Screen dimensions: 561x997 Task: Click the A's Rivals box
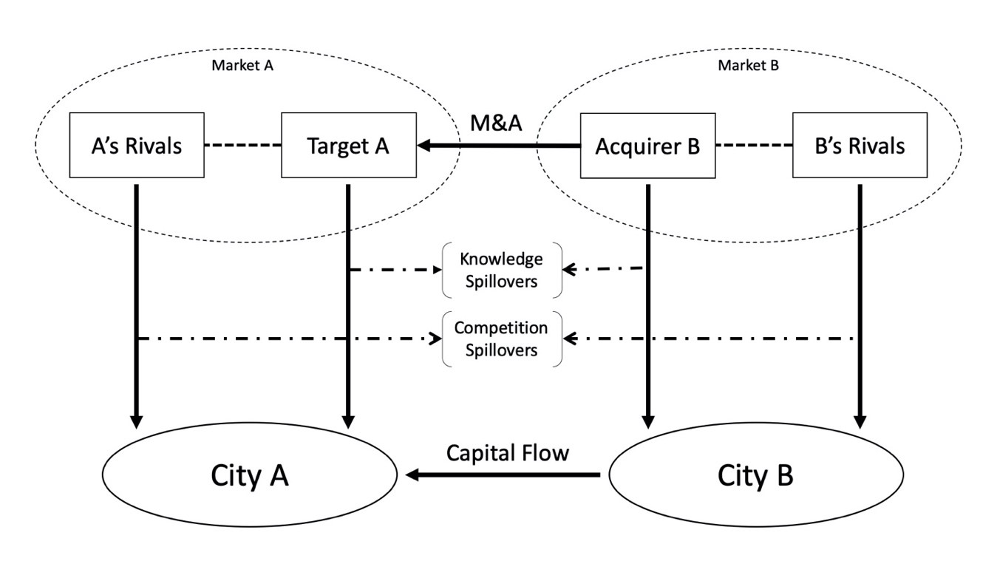click(137, 145)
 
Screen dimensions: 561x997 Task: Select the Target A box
click(348, 145)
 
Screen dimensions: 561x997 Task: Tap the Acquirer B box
click(647, 145)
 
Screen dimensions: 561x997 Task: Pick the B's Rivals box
click(860, 145)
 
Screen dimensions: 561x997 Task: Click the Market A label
click(242, 65)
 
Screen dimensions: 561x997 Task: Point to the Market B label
click(748, 65)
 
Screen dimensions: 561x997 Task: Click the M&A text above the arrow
click(497, 123)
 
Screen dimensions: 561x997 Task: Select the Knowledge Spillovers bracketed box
click(501, 270)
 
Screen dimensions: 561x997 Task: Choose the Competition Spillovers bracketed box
click(501, 339)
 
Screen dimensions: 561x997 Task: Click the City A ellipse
click(250, 476)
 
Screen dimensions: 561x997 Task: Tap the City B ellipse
click(755, 476)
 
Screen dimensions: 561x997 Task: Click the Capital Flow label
click(507, 452)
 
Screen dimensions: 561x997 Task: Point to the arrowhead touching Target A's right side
click(425, 146)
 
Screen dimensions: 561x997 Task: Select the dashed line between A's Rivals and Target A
click(243, 146)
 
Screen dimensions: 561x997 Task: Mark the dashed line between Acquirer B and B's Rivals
click(754, 146)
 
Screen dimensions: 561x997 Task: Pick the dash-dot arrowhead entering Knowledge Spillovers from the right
click(568, 270)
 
